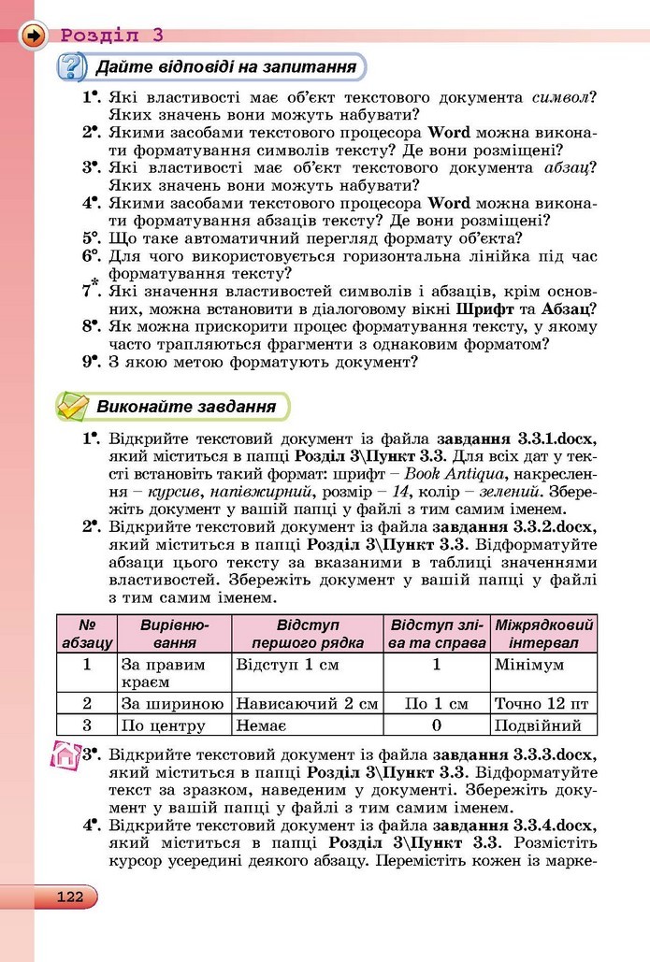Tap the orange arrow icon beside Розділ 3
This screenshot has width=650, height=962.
(34, 36)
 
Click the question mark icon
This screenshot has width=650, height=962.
(72, 68)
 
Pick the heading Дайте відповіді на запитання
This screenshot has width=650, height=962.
(225, 68)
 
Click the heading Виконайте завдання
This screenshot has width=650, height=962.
(186, 407)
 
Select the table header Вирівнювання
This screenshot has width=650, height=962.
(174, 634)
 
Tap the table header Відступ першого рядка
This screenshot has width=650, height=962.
(307, 634)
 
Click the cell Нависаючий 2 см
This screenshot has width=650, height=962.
(307, 703)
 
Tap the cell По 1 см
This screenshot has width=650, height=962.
(436, 703)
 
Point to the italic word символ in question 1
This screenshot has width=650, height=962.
(564, 97)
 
